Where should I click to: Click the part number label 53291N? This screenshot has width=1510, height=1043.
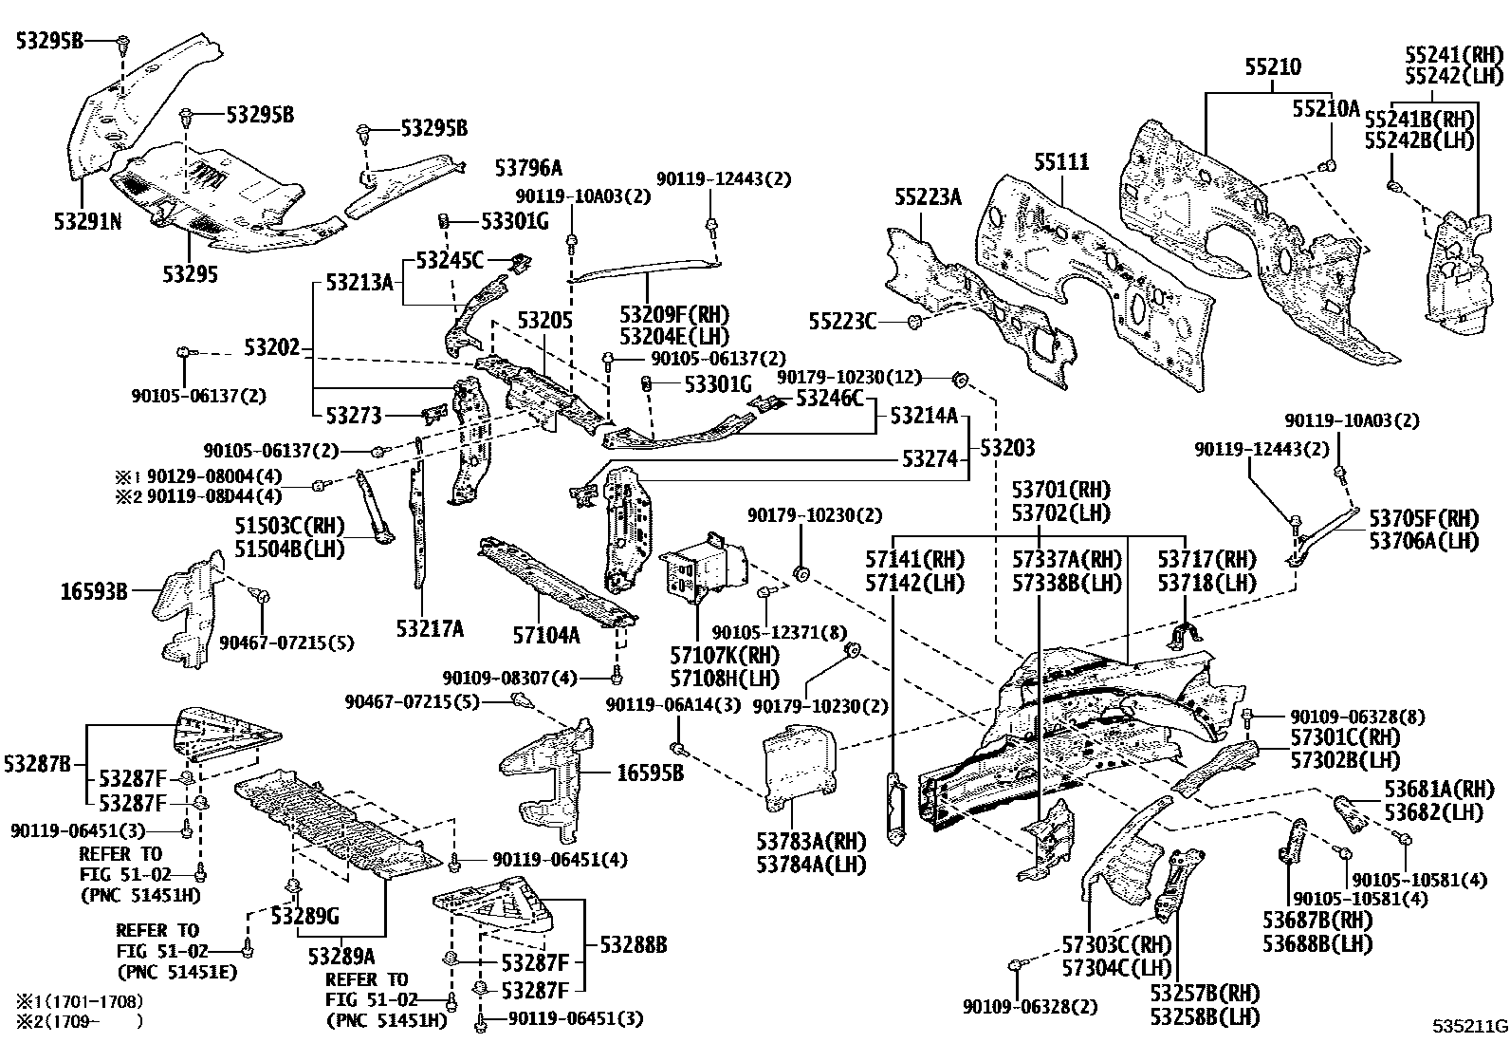(x=86, y=222)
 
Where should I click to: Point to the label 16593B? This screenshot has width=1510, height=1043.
(x=94, y=592)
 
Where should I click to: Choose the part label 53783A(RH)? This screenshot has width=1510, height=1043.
(x=811, y=841)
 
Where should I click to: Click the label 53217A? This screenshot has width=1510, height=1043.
(x=430, y=628)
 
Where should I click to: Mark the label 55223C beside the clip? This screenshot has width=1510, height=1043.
(x=843, y=322)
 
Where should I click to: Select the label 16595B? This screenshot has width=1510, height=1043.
(x=650, y=773)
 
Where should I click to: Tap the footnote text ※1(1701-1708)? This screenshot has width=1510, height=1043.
(x=80, y=1000)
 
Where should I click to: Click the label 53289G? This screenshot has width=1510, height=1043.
(x=304, y=916)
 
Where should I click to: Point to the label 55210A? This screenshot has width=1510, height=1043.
(x=1326, y=109)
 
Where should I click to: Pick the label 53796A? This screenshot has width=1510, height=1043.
(x=528, y=168)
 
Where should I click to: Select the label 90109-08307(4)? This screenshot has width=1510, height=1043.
(x=509, y=678)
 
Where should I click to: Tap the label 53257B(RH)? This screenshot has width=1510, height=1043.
(x=1206, y=995)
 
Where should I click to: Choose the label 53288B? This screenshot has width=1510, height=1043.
(x=633, y=945)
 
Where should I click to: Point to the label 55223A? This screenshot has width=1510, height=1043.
(x=928, y=197)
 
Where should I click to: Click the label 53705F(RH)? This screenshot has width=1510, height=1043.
(x=1424, y=518)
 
